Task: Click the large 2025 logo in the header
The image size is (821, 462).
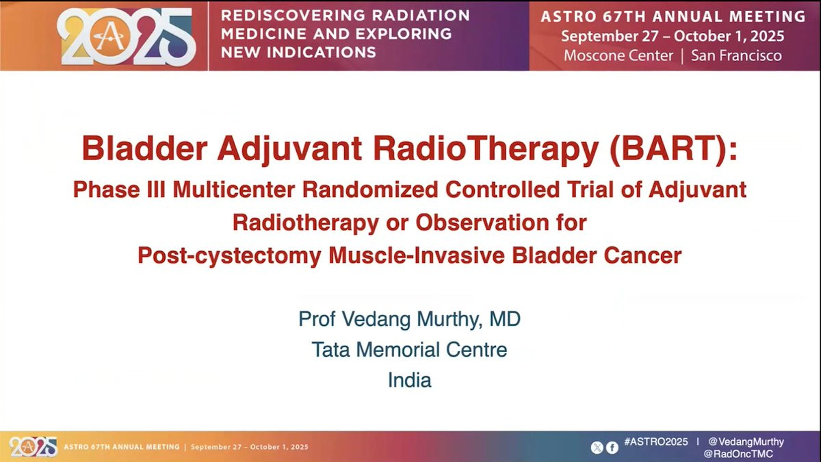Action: click(127, 37)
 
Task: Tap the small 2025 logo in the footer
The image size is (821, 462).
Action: click(34, 447)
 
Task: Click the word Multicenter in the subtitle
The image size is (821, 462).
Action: click(234, 190)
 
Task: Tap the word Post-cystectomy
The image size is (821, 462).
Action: click(229, 256)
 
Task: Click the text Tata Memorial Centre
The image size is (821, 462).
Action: click(409, 350)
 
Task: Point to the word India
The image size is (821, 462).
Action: click(409, 380)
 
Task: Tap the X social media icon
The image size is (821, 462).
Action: click(597, 448)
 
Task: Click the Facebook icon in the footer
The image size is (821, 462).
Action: click(612, 448)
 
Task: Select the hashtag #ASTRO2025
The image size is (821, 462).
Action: click(656, 442)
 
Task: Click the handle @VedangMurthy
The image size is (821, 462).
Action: click(746, 442)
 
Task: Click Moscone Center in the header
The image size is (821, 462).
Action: click(618, 55)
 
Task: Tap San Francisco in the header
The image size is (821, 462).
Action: click(736, 55)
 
